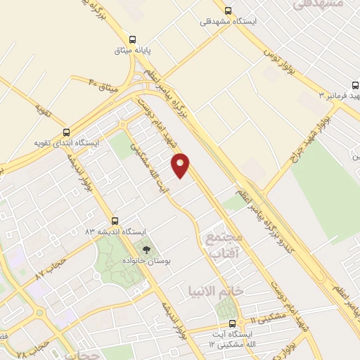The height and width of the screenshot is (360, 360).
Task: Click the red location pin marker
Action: pos(181,165)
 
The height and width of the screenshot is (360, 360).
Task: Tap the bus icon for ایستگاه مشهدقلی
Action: pos(227,11)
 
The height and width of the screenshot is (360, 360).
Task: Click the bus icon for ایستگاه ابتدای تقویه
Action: pos(67,131)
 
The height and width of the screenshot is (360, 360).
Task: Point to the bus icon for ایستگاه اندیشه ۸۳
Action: pos(115,219)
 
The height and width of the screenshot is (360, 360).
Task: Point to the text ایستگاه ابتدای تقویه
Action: pos(67,143)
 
